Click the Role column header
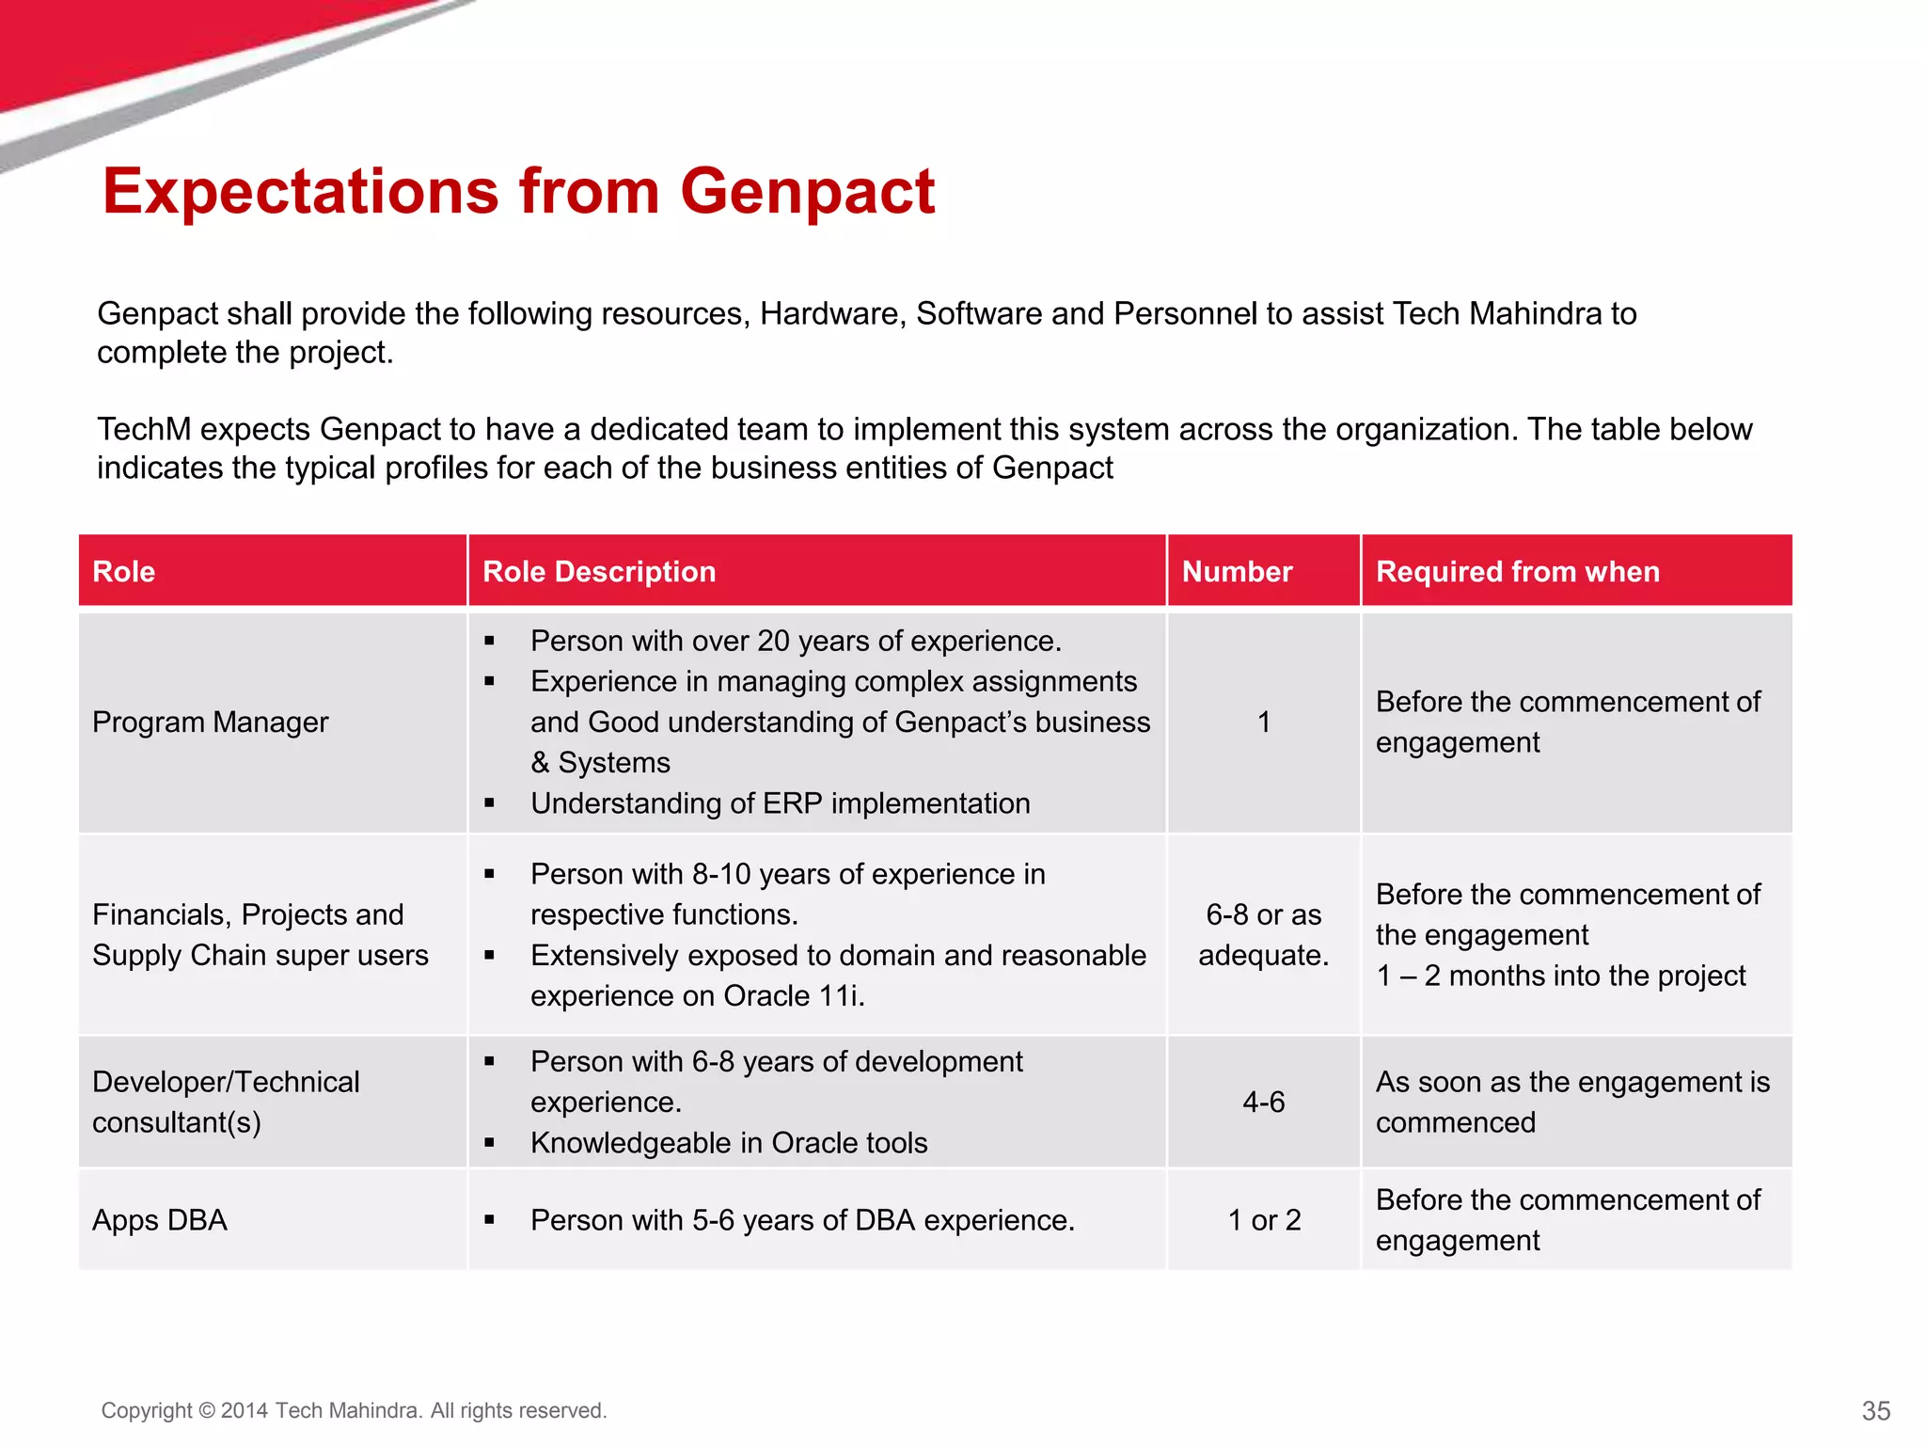[124, 572]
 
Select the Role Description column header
[599, 572]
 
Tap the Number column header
[1237, 572]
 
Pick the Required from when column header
[1517, 572]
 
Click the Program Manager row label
[211, 722]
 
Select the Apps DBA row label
[160, 1220]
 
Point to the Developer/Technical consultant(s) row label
[226, 1102]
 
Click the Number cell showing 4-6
[1263, 1102]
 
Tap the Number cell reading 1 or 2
[1264, 1220]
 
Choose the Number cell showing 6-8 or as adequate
[1263, 935]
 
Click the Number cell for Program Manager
[1264, 722]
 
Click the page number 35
[1875, 1410]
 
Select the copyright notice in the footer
[354, 1410]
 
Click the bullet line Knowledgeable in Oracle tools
[729, 1143]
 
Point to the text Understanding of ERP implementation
[780, 803]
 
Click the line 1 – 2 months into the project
[1560, 977]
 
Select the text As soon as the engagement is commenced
[1571, 1102]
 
